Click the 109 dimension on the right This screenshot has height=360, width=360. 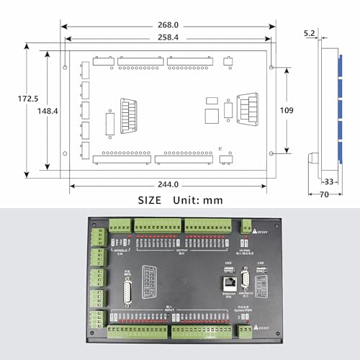[x=287, y=110]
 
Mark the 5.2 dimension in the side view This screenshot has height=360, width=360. [x=309, y=34]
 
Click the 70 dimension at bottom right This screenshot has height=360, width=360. [x=324, y=194]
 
